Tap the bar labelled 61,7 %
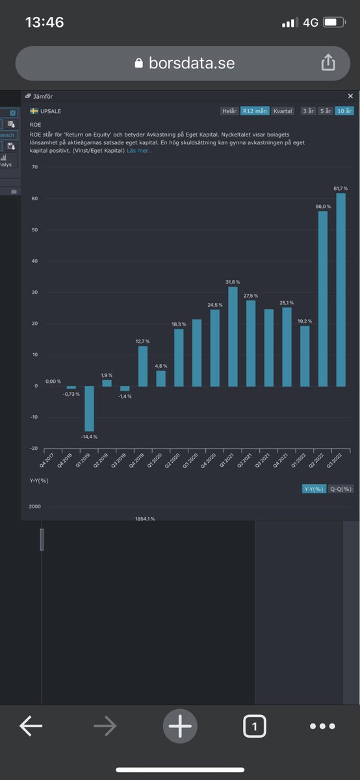pyautogui.click(x=341, y=289)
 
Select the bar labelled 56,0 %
pyautogui.click(x=323, y=298)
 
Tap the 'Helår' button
pyautogui.click(x=229, y=111)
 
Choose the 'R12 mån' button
pyautogui.click(x=255, y=111)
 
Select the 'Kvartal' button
pyautogui.click(x=283, y=111)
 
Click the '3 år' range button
pyautogui.click(x=308, y=111)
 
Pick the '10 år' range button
pyautogui.click(x=344, y=111)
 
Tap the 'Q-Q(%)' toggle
pyautogui.click(x=341, y=489)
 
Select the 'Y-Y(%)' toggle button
pyautogui.click(x=314, y=489)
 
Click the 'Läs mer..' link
pyautogui.click(x=139, y=151)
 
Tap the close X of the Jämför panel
pyautogui.click(x=351, y=96)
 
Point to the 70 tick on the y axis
pyautogui.click(x=34, y=168)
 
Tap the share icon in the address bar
pyautogui.click(x=328, y=62)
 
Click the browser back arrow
pyautogui.click(x=31, y=727)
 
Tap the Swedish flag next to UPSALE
pyautogui.click(x=34, y=111)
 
